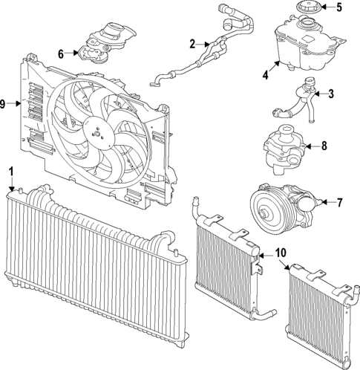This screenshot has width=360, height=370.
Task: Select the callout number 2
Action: click(192, 44)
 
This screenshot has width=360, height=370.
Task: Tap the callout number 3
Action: click(332, 94)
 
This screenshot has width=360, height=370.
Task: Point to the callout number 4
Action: click(266, 74)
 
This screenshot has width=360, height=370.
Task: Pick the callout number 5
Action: click(339, 9)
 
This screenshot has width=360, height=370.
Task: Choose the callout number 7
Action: click(341, 201)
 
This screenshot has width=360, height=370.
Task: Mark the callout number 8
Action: click(324, 146)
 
